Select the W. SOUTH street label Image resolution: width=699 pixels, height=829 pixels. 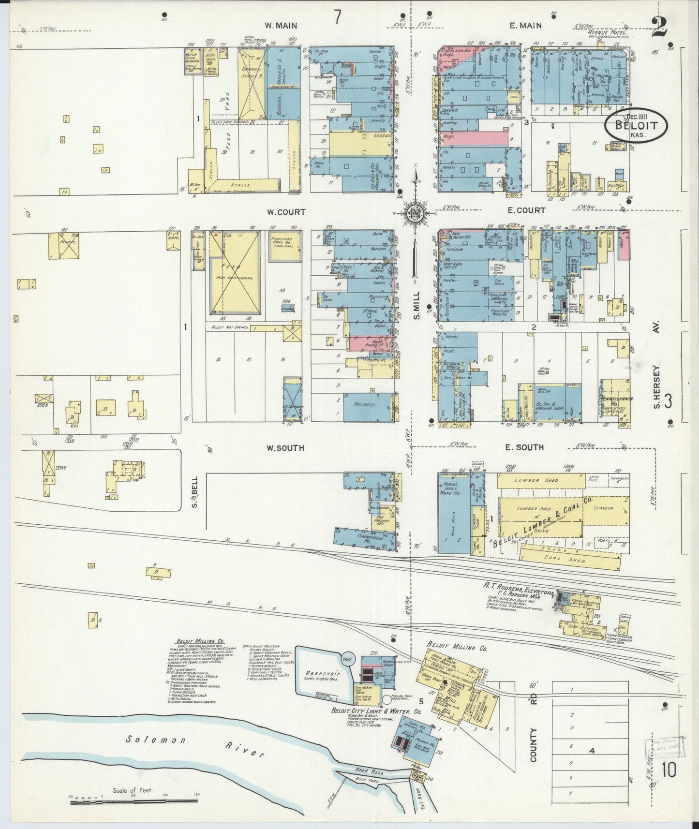285,448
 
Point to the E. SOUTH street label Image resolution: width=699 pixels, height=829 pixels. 524,447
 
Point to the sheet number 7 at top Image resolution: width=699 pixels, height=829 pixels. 338,19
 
